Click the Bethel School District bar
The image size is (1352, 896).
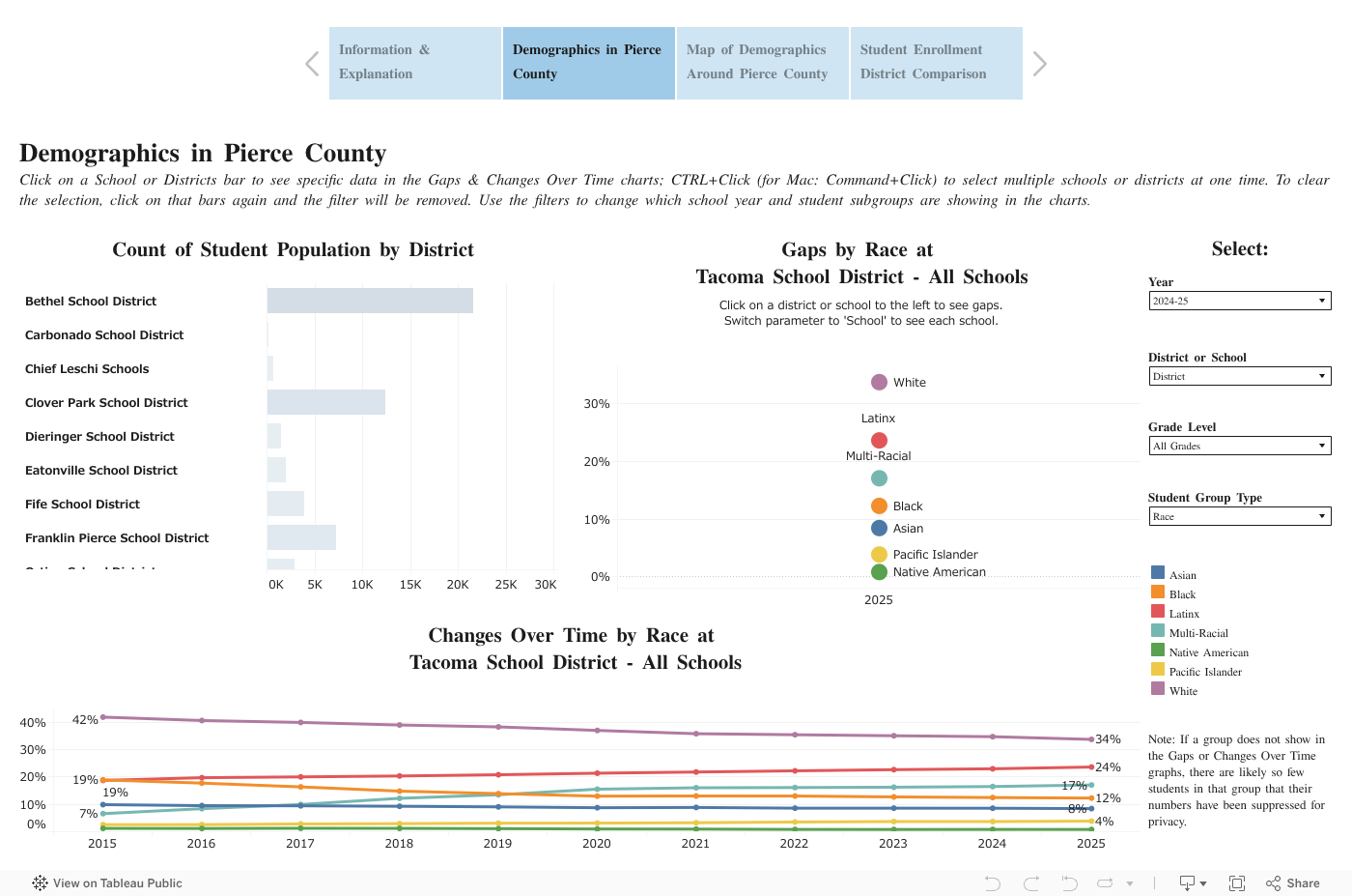(x=370, y=301)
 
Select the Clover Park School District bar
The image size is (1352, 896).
(x=326, y=402)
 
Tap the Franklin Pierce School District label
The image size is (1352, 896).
(x=117, y=538)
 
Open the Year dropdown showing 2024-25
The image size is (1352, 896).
(x=1239, y=301)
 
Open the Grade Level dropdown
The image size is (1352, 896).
(x=1239, y=446)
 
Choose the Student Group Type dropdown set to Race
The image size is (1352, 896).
(x=1239, y=516)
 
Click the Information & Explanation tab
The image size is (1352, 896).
(x=414, y=63)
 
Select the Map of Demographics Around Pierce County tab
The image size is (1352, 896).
(x=762, y=63)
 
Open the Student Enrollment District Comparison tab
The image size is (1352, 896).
(x=936, y=63)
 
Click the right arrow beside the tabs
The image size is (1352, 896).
(x=1039, y=64)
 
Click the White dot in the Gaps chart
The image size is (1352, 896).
(x=879, y=382)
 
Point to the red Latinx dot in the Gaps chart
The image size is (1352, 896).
(x=879, y=441)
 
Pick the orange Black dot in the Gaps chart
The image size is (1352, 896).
(x=879, y=506)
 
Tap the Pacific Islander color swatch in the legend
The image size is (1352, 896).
(x=1158, y=670)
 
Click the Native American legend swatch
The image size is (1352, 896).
(x=1158, y=650)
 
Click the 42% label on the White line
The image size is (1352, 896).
(x=85, y=720)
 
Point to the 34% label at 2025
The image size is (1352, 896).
(x=1108, y=739)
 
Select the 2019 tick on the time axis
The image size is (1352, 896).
(x=497, y=844)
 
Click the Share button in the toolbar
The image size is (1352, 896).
(x=1293, y=882)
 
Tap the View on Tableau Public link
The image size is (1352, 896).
(x=107, y=882)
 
